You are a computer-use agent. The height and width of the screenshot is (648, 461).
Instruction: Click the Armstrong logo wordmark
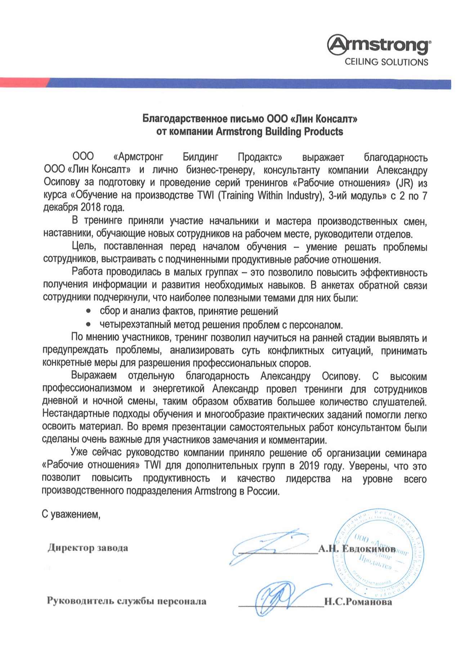point(379,45)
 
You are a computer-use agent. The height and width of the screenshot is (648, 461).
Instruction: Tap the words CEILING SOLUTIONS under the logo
point(386,62)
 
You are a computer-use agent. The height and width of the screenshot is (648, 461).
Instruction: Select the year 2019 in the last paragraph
point(309,466)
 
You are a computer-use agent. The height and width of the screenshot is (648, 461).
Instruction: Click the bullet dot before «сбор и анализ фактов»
point(88,311)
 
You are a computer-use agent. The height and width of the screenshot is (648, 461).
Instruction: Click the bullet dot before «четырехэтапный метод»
point(88,324)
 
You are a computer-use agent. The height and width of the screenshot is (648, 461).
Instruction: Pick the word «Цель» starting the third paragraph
point(83,247)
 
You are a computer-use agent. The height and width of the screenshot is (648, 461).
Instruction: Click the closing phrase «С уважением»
point(71,514)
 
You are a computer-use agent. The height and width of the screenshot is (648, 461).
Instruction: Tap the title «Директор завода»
point(88,548)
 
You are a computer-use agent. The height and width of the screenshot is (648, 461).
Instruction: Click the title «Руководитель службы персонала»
point(126,601)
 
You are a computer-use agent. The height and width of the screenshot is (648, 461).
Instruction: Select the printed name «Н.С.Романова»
point(358,602)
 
